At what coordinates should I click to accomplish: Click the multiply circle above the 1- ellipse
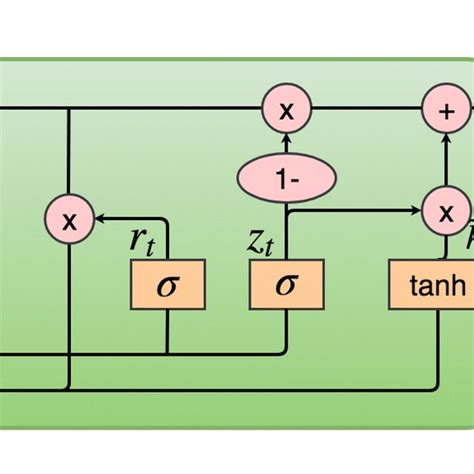(x=287, y=111)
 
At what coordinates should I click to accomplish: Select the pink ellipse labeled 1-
(x=287, y=181)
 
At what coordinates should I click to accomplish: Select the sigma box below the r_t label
(x=168, y=287)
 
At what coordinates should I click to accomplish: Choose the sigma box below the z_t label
(x=287, y=287)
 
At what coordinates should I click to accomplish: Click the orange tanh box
(x=431, y=287)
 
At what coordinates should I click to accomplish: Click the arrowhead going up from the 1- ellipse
(x=287, y=141)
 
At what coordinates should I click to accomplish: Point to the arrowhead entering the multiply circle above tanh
(x=414, y=211)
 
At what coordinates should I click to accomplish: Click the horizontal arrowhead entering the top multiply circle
(x=257, y=109)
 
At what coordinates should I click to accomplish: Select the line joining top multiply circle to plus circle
(x=360, y=110)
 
